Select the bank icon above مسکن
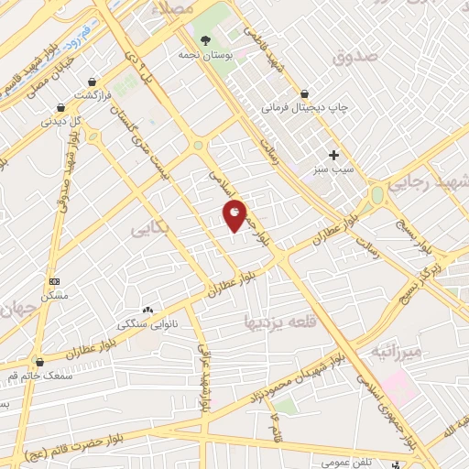[54, 280]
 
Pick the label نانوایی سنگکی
[146, 325]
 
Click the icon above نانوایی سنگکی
[147, 310]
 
